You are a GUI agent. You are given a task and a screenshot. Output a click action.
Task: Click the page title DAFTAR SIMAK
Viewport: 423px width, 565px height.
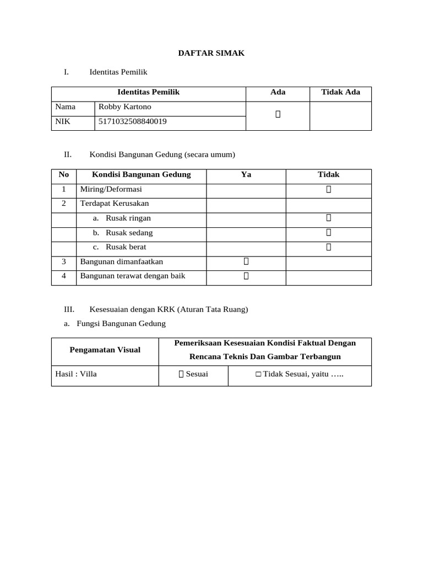tap(211, 53)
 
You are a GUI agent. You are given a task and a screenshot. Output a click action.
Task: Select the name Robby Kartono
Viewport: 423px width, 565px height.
tap(124, 107)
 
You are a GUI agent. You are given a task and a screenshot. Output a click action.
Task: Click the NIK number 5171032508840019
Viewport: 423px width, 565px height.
tap(133, 121)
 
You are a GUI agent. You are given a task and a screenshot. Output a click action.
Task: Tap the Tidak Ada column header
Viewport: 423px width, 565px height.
tap(340, 92)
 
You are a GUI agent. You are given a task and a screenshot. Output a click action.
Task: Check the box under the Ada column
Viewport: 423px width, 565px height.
tap(278, 114)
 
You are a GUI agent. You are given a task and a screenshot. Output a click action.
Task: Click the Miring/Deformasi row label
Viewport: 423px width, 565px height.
tap(111, 189)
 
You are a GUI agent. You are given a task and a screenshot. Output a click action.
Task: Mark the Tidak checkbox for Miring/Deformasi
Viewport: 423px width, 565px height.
tap(328, 189)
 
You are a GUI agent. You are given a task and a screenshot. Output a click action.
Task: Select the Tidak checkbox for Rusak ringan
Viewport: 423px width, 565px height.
tap(328, 218)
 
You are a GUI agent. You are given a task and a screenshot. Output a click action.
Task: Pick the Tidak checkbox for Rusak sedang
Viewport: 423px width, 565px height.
tap(328, 232)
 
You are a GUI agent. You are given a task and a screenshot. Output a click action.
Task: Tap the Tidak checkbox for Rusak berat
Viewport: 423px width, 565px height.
tap(328, 247)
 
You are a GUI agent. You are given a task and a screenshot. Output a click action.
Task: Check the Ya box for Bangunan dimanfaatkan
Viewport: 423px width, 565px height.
tap(246, 261)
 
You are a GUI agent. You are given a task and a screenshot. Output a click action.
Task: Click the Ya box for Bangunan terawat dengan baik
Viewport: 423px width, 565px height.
tap(246, 275)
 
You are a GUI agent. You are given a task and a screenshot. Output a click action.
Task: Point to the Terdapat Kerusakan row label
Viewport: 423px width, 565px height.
tap(115, 204)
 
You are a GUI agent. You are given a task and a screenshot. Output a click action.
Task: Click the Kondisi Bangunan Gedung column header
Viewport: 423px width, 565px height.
tap(141, 174)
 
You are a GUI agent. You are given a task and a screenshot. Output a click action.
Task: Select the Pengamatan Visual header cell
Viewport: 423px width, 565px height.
tap(105, 350)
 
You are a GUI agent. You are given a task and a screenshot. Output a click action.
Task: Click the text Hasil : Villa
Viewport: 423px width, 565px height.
tap(76, 374)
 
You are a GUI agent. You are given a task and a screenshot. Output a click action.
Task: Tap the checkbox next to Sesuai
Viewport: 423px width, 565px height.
tap(181, 375)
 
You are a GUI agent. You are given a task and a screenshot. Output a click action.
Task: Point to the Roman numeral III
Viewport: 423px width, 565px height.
tap(69, 309)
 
